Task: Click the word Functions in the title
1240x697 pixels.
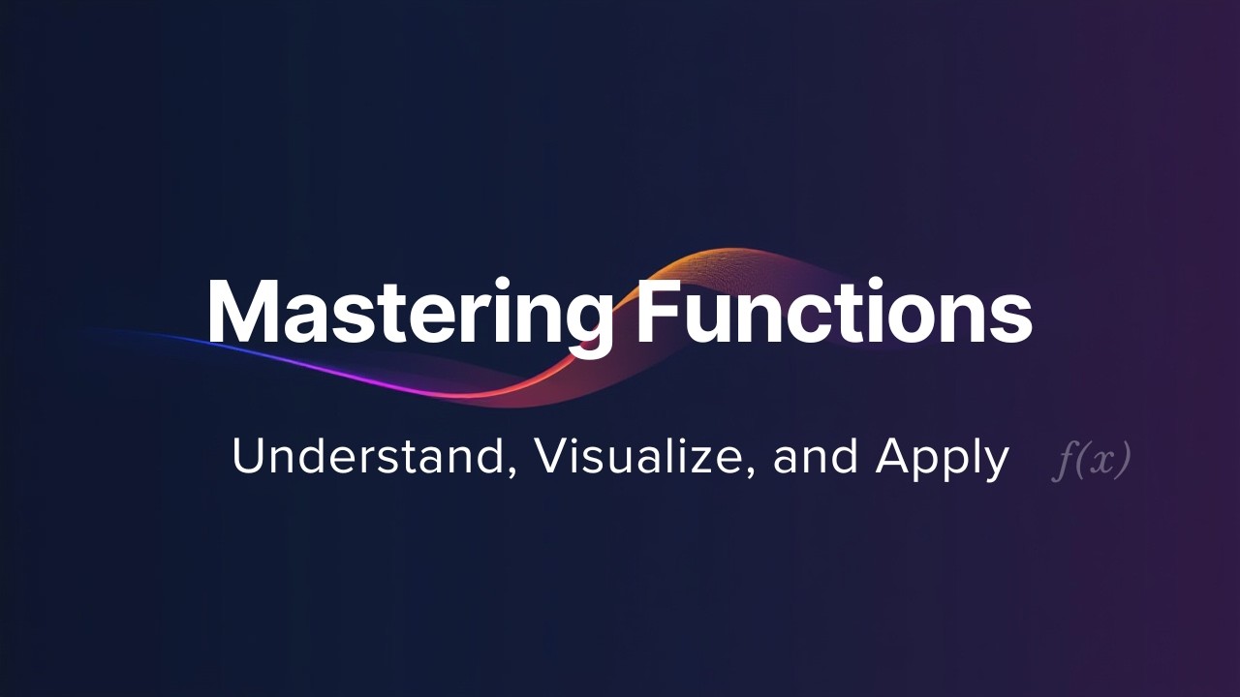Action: tap(834, 311)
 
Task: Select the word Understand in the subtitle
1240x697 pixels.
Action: tap(367, 457)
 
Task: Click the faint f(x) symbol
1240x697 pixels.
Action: tap(1091, 460)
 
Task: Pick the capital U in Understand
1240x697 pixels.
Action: tap(248, 457)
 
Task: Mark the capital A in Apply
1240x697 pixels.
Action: tap(892, 457)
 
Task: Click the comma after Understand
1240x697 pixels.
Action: tap(511, 472)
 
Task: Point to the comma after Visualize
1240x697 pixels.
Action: tap(750, 472)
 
